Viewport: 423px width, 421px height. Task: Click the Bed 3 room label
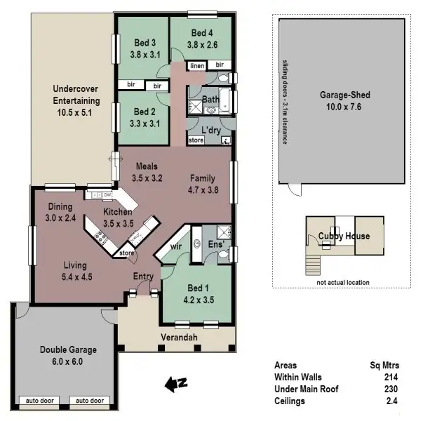(x=145, y=41)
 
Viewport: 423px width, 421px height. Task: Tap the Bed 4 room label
(x=201, y=32)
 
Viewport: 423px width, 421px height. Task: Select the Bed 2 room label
(x=145, y=112)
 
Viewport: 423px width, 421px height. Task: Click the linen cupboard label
(x=197, y=65)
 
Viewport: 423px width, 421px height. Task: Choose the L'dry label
(x=210, y=132)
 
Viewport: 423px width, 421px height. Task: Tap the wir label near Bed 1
(x=175, y=247)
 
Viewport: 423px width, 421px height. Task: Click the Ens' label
(x=216, y=244)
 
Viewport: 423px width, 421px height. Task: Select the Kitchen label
(x=117, y=212)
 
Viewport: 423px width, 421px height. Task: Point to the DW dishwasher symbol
(x=107, y=195)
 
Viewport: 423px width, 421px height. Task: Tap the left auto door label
(x=39, y=401)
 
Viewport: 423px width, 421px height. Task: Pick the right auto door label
(x=89, y=401)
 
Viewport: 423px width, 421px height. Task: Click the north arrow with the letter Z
(x=173, y=383)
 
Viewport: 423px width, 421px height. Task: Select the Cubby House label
(x=343, y=236)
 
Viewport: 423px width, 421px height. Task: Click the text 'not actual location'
(x=343, y=283)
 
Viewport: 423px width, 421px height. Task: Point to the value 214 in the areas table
(x=392, y=377)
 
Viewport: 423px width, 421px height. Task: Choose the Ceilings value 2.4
(x=392, y=401)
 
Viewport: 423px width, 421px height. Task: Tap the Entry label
(x=143, y=276)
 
